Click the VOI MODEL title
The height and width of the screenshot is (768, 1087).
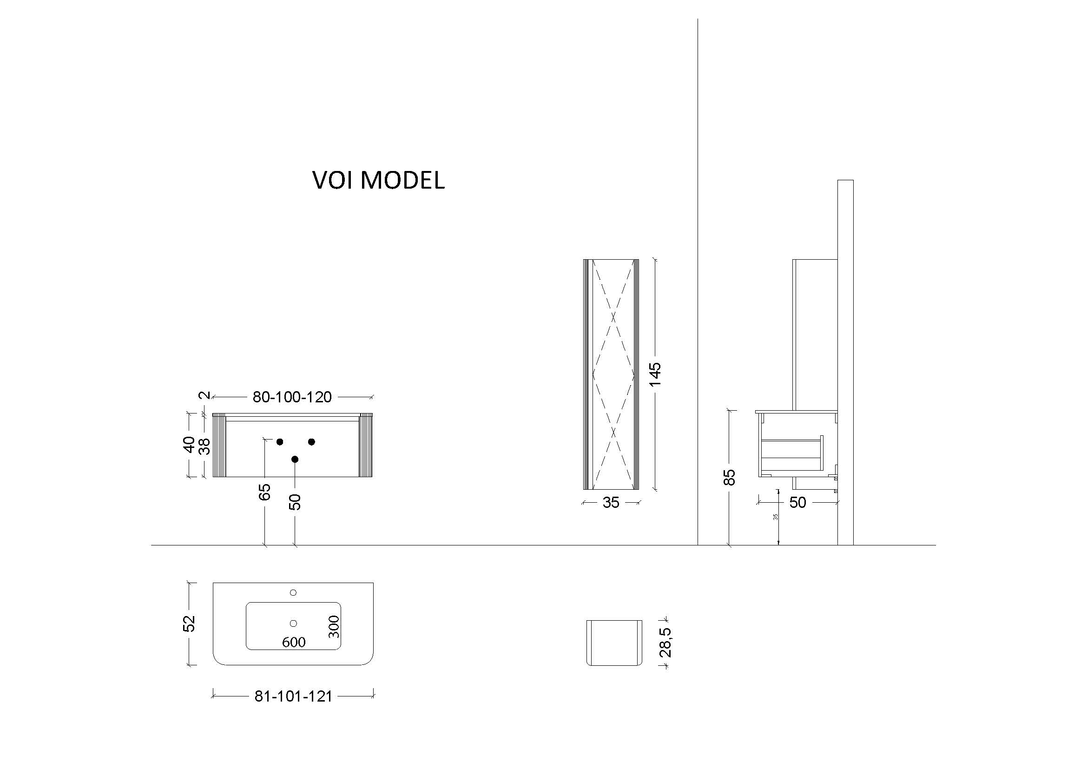[x=378, y=180]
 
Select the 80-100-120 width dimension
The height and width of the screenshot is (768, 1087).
[x=292, y=397]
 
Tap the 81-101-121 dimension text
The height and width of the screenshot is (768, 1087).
[x=293, y=696]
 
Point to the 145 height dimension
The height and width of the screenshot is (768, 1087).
[x=655, y=374]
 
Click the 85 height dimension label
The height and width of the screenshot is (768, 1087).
[x=730, y=477]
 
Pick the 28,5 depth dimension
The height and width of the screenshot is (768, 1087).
[x=665, y=642]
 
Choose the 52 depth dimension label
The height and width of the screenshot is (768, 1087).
[x=189, y=623]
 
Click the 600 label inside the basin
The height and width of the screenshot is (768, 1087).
[x=294, y=642]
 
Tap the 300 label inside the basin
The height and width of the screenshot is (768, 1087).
[x=334, y=626]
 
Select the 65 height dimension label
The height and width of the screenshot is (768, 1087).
[x=264, y=492]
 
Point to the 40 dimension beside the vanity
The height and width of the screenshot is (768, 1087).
[x=189, y=444]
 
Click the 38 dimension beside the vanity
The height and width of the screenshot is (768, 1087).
[x=204, y=446]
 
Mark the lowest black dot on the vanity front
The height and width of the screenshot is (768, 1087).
[x=295, y=459]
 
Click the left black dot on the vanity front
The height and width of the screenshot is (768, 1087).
[x=280, y=442]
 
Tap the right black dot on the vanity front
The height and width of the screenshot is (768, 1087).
[x=311, y=441]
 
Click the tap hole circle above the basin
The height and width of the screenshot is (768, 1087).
[x=293, y=592]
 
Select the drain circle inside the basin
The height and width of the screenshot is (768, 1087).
[x=293, y=623]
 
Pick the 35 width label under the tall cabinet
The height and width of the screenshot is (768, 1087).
[x=611, y=503]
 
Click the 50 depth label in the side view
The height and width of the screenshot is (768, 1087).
[x=797, y=503]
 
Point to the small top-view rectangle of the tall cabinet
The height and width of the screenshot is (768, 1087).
[x=614, y=643]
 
